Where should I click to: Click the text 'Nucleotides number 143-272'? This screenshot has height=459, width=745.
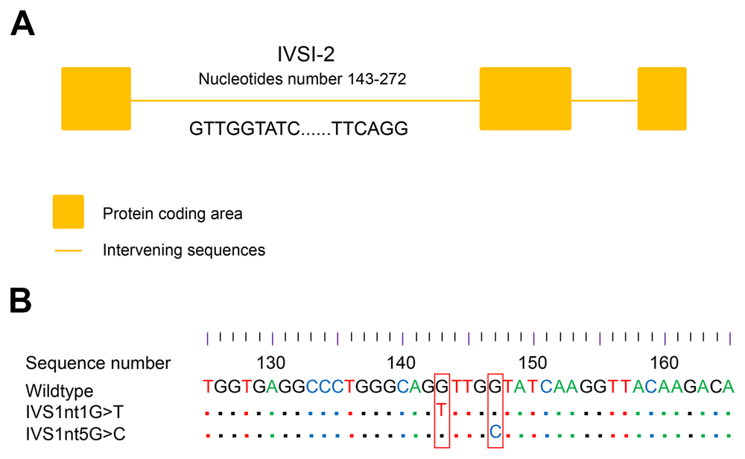point(302,80)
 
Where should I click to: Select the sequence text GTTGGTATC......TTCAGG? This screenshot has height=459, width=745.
point(299,128)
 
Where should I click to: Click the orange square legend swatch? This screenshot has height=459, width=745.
point(68,212)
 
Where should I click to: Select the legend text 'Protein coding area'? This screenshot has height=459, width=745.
point(173,215)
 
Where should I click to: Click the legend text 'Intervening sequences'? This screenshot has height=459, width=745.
point(184,250)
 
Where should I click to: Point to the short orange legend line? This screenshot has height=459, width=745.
point(68,250)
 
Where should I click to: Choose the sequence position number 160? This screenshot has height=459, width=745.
point(664,364)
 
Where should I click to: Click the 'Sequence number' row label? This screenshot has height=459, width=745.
point(98,364)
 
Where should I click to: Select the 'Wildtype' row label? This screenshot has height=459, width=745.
point(59,390)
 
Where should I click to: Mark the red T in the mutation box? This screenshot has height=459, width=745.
point(442,409)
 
